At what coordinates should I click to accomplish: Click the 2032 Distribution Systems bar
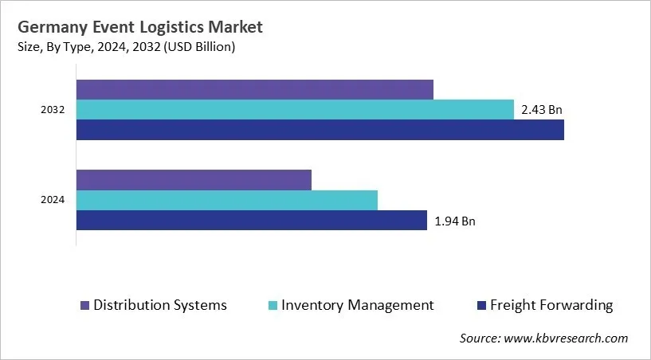pyautogui.click(x=255, y=89)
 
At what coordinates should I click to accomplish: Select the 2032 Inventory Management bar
pyautogui.click(x=295, y=110)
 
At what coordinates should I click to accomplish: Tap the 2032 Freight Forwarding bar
pyautogui.click(x=320, y=130)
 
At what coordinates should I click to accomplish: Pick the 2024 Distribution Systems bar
pyautogui.click(x=194, y=180)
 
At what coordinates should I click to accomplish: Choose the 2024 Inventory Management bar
pyautogui.click(x=227, y=201)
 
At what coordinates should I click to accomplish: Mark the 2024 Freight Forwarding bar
pyautogui.click(x=252, y=221)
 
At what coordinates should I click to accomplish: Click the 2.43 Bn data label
pyautogui.click(x=542, y=110)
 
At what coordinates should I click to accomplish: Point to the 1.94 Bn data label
pyautogui.click(x=455, y=221)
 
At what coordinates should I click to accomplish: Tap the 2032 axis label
pyautogui.click(x=53, y=110)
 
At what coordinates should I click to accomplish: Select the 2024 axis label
pyautogui.click(x=53, y=201)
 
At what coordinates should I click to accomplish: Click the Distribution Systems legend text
pyautogui.click(x=160, y=305)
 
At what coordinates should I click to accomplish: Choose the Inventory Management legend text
pyautogui.click(x=358, y=305)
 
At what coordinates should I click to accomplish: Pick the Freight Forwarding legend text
pyautogui.click(x=551, y=305)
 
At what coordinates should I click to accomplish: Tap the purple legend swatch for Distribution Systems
pyautogui.click(x=84, y=306)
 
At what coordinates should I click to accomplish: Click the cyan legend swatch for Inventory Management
pyautogui.click(x=273, y=306)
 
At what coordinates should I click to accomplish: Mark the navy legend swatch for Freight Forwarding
pyautogui.click(x=481, y=306)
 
